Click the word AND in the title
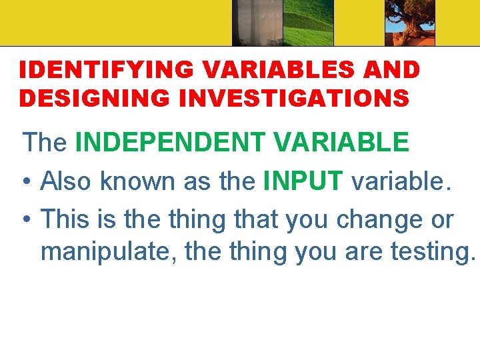395,69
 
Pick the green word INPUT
303,181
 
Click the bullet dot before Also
27,182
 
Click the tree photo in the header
409,23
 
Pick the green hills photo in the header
308,23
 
